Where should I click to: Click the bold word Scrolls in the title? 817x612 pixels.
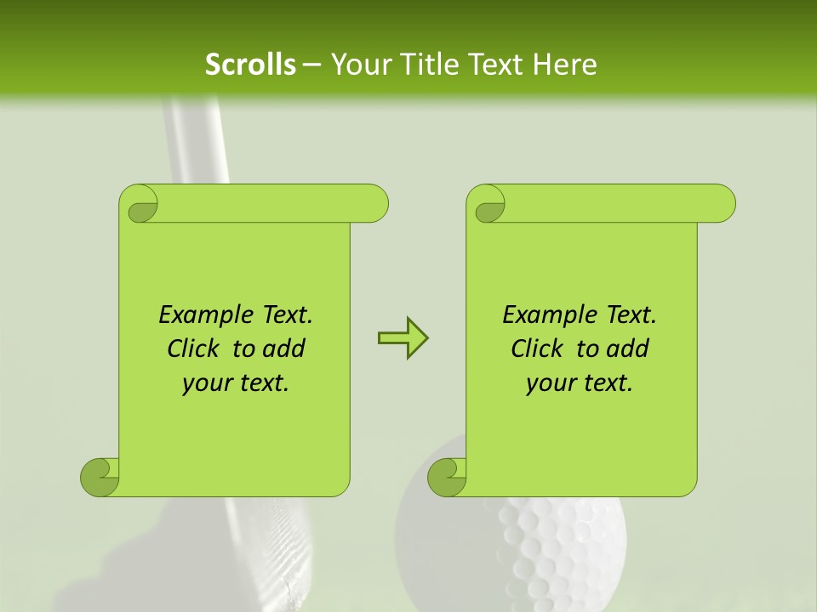[250, 65]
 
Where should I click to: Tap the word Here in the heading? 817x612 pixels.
[565, 65]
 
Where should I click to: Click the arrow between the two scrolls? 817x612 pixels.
[403, 338]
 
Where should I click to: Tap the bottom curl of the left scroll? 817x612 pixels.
[100, 477]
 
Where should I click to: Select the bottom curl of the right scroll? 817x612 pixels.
[447, 477]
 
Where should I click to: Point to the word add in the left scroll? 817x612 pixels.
[284, 349]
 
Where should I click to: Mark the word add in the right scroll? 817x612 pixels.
[628, 349]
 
